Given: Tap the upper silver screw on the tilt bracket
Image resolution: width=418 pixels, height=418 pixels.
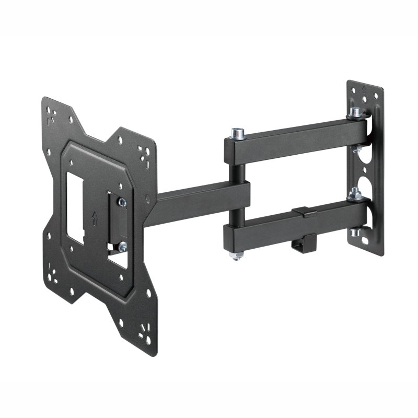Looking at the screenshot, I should pos(122,202).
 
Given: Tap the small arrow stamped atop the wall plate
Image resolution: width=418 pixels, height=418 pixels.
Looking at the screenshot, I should pos(363,89).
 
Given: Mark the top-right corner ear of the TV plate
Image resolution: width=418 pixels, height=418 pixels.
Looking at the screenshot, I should pos(141,149).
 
